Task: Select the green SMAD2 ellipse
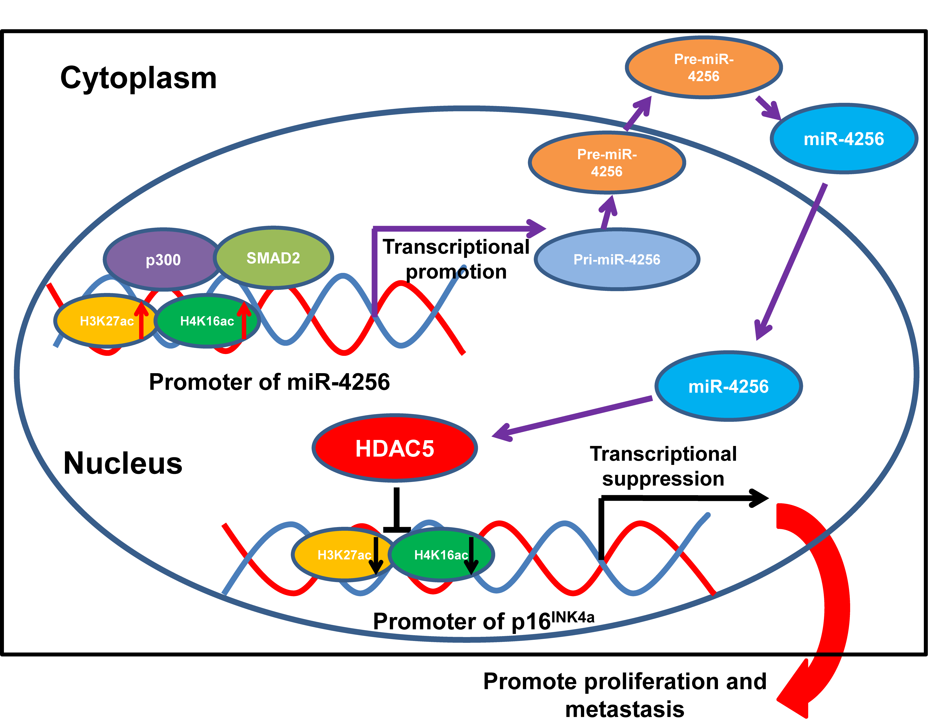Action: coord(273,258)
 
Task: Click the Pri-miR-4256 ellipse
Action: coord(617,259)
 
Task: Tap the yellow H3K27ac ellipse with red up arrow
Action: coord(106,321)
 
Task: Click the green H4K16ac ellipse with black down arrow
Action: coord(441,555)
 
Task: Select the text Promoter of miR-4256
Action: coord(269,382)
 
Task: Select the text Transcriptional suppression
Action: coord(663,466)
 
